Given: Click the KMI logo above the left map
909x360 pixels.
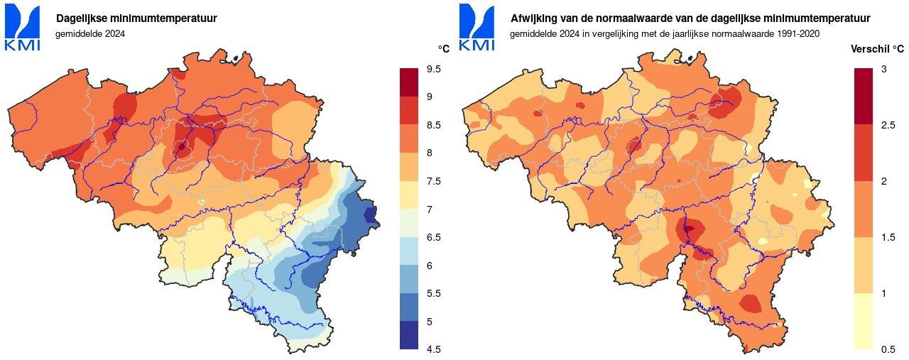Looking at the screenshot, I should coord(22,27).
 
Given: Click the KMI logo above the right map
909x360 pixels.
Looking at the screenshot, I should coord(477,27).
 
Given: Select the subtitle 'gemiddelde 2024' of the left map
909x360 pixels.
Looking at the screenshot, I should coord(89,33).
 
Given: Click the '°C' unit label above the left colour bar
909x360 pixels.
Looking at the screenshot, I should coord(444,49).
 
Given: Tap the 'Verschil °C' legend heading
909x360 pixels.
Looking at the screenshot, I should coord(878,49).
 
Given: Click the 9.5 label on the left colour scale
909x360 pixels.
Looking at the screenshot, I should coord(433,69).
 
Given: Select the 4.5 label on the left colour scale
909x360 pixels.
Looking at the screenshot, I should coord(433,349).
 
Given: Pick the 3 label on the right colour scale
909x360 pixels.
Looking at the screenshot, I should coord(883,69).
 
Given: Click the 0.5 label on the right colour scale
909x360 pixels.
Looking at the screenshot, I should coord(888,349).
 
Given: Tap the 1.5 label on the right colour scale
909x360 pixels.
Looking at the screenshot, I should coord(888,237).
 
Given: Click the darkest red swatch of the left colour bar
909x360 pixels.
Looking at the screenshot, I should coord(409,82).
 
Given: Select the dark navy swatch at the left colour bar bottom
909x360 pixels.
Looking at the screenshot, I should coord(409,335).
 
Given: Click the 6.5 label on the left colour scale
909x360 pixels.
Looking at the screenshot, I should coord(433,237).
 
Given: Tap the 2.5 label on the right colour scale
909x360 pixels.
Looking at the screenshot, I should coord(888,125).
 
